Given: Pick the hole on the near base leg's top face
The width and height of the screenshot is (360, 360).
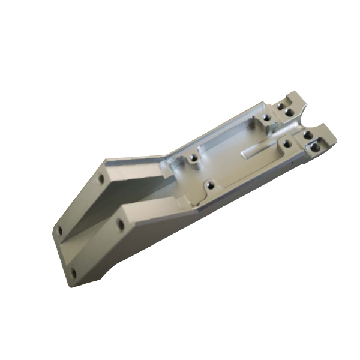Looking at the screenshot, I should pyautogui.click(x=119, y=224).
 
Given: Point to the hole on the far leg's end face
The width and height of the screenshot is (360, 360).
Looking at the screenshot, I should pyautogui.click(x=59, y=229).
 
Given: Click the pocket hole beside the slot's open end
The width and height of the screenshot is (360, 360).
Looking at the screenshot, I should pyautogui.click(x=287, y=143).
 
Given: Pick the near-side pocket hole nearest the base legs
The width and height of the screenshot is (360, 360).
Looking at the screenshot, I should pyautogui.click(x=208, y=186).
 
